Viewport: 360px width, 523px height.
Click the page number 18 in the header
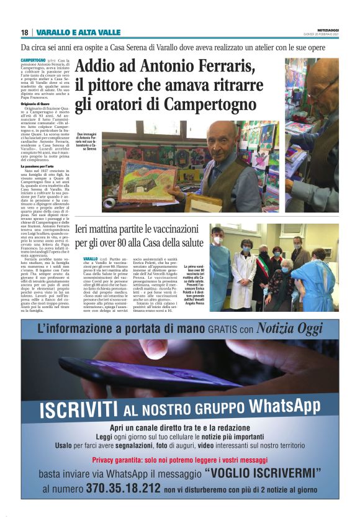click(x=24, y=32)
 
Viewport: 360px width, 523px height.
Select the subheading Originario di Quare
click(x=42, y=106)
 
